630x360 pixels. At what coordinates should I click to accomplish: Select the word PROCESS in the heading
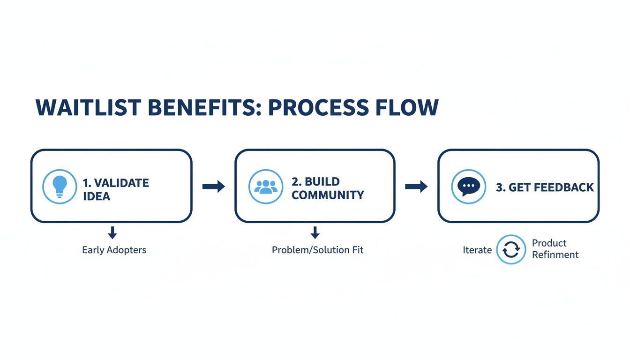(x=313, y=108)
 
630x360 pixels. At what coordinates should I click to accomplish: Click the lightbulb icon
(x=60, y=186)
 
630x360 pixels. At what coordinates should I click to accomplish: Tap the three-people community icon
(x=266, y=186)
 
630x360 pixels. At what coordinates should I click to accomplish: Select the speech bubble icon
(x=468, y=186)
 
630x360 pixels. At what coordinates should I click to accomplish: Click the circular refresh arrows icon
(x=511, y=249)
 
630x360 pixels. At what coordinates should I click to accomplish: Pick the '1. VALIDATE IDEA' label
(x=116, y=189)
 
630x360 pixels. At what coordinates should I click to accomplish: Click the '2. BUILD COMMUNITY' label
(x=327, y=188)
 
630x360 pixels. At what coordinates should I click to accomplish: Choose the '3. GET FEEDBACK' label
(x=545, y=187)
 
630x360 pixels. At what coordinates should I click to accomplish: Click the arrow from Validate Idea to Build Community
(x=213, y=187)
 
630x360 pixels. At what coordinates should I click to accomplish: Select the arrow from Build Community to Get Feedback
(x=416, y=187)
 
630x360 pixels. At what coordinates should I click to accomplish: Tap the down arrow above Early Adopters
(x=112, y=232)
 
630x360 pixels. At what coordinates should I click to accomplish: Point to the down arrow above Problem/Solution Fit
(x=315, y=232)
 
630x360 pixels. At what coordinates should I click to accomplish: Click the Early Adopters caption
(x=114, y=250)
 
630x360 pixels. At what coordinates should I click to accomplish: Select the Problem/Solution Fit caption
(x=317, y=250)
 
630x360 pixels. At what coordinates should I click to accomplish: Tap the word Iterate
(x=477, y=250)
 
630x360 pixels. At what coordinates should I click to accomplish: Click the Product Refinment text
(x=555, y=249)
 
